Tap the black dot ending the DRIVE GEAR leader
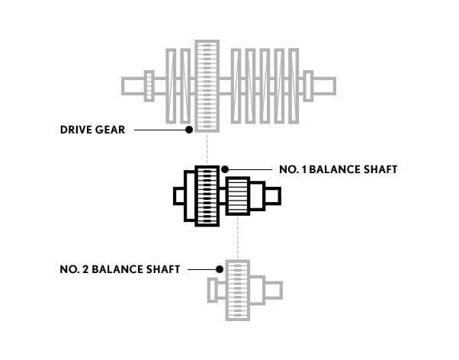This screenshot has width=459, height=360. pyautogui.click(x=189, y=130)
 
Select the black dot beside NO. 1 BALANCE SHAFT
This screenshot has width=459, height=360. pyautogui.click(x=225, y=169)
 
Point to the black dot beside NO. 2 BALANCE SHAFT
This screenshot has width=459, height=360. pyautogui.click(x=220, y=269)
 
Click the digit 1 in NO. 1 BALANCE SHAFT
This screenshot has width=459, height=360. pyautogui.click(x=304, y=169)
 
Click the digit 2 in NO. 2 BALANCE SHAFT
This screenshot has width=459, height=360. pyautogui.click(x=85, y=269)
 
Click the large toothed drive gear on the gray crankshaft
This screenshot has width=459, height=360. pyautogui.click(x=207, y=86)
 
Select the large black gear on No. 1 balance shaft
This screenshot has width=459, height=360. pyautogui.click(x=207, y=196)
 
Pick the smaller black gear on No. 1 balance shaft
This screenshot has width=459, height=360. pyautogui.click(x=238, y=196)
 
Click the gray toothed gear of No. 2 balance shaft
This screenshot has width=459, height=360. pyautogui.click(x=238, y=291)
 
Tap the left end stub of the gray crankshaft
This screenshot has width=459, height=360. pyautogui.click(x=133, y=86)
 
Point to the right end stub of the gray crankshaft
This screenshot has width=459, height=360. pyautogui.click(x=324, y=86)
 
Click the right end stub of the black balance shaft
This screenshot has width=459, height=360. pyautogui.click(x=273, y=196)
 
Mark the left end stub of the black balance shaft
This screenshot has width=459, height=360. pyautogui.click(x=179, y=196)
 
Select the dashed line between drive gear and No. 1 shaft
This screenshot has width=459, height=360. pyautogui.click(x=207, y=149)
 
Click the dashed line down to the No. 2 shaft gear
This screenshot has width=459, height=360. pyautogui.click(x=238, y=237)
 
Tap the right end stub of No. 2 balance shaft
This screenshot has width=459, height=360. pyautogui.click(x=274, y=291)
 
